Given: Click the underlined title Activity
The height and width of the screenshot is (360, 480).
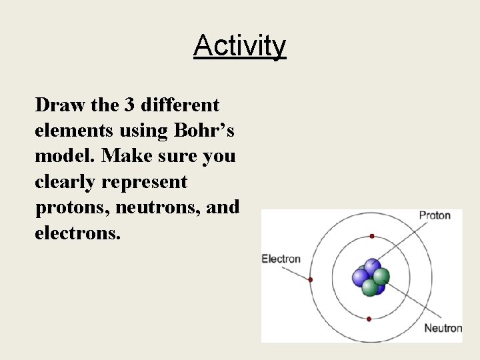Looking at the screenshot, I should click(239, 46).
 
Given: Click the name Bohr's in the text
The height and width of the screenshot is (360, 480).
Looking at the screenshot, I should click(203, 131).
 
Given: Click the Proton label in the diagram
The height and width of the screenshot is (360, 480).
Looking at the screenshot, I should click(435, 215).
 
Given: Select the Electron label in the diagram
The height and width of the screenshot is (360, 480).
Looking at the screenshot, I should click(281, 259).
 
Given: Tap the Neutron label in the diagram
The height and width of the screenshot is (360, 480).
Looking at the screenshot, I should click(443, 327).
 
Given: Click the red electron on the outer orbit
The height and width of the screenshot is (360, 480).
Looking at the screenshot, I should click(311, 279).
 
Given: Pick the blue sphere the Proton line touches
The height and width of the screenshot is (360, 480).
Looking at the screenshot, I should click(371, 267).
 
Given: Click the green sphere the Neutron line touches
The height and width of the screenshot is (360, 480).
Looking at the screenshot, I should click(381, 276).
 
